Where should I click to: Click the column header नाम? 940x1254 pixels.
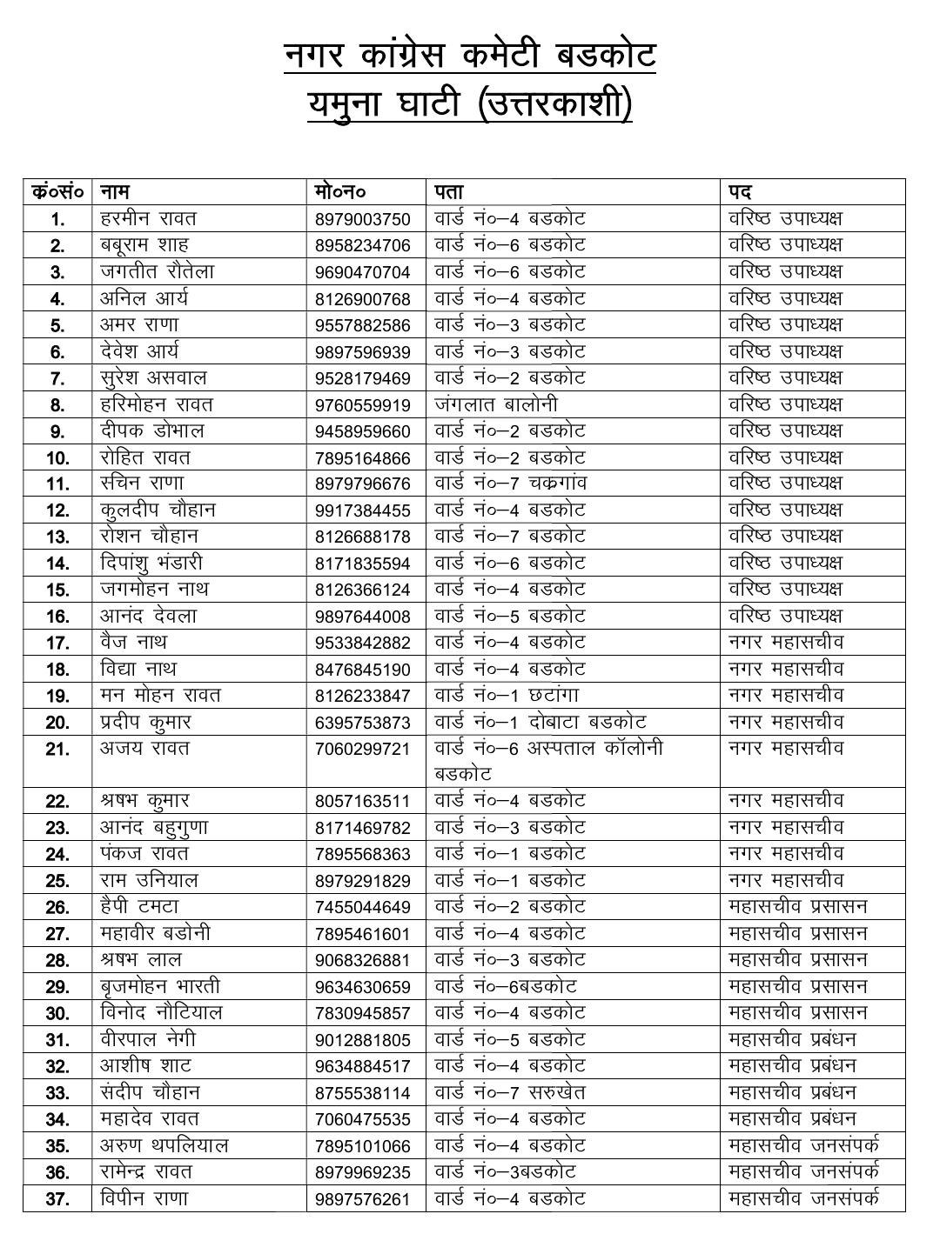point(115,191)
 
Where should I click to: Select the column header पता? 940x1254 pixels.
point(449,191)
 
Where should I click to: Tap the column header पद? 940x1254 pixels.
point(741,191)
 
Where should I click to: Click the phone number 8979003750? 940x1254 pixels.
point(362,219)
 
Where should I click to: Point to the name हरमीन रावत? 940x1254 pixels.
point(148,218)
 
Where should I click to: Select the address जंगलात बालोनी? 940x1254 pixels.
point(496,404)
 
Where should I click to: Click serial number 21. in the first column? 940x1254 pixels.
point(57,750)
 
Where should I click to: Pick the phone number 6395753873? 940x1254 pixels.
point(362,724)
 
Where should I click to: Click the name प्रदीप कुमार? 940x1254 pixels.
point(145,722)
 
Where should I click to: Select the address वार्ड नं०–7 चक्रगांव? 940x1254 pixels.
point(510,484)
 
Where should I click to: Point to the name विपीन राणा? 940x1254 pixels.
point(144,1199)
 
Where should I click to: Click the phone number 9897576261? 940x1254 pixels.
point(362,1200)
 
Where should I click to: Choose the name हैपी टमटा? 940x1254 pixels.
point(139,907)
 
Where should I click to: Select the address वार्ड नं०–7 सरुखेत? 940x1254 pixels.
point(510,1093)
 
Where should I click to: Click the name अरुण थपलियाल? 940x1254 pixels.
point(164,1146)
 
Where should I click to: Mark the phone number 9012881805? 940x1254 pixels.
point(362,1041)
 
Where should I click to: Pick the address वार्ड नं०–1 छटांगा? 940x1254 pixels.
point(507,696)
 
